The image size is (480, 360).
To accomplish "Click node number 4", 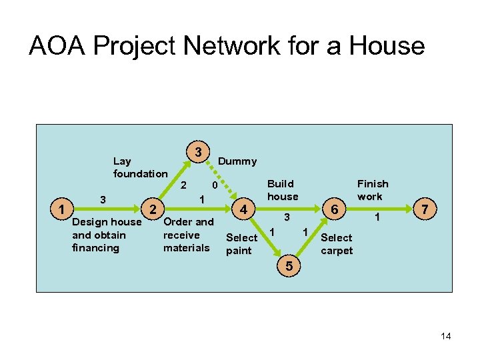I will [245, 209].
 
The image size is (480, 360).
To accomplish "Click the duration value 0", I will [213, 185].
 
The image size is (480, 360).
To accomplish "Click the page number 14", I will [446, 336].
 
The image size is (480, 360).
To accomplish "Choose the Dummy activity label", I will [237, 161].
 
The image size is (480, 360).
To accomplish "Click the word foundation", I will [140, 174].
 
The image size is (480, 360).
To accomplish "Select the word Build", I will [280, 183].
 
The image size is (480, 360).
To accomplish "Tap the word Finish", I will [373, 183].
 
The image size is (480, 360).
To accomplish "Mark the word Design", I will [89, 222].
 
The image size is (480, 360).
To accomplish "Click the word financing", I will [95, 248].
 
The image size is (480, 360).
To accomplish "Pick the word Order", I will [177, 222].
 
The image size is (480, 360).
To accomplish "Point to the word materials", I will [186, 248].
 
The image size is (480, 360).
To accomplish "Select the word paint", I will [239, 251].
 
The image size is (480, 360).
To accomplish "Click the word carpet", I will [337, 251].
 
